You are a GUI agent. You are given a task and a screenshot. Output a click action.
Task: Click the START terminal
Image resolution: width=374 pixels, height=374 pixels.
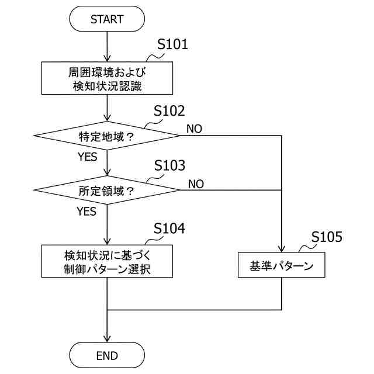coord(107,19)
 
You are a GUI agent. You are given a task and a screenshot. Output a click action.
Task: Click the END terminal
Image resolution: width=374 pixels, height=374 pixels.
coord(107,355)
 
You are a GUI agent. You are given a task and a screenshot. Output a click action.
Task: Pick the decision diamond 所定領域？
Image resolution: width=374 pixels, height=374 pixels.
coord(107,190)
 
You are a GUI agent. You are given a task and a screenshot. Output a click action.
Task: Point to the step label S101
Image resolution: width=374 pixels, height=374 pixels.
coord(174,45)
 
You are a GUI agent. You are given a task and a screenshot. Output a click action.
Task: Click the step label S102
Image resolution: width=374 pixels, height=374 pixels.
coord(169,111)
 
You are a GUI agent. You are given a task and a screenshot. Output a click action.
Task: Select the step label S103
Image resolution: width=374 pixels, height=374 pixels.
coord(169,165)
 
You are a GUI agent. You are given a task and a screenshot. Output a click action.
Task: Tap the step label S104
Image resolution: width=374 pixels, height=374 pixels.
coord(169,228)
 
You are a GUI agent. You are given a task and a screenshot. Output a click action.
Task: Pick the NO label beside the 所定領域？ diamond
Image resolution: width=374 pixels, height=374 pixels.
coord(196,183)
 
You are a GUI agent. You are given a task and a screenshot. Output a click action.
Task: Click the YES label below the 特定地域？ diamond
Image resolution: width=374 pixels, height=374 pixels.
coord(86,157)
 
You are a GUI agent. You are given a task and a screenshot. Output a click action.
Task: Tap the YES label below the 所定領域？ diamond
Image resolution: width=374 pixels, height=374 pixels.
coord(86,212)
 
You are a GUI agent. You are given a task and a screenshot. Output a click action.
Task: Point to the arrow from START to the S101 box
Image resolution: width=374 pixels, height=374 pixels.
coord(107,47)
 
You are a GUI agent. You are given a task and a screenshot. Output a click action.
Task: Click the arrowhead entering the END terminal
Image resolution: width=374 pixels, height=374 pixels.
coord(107,339)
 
